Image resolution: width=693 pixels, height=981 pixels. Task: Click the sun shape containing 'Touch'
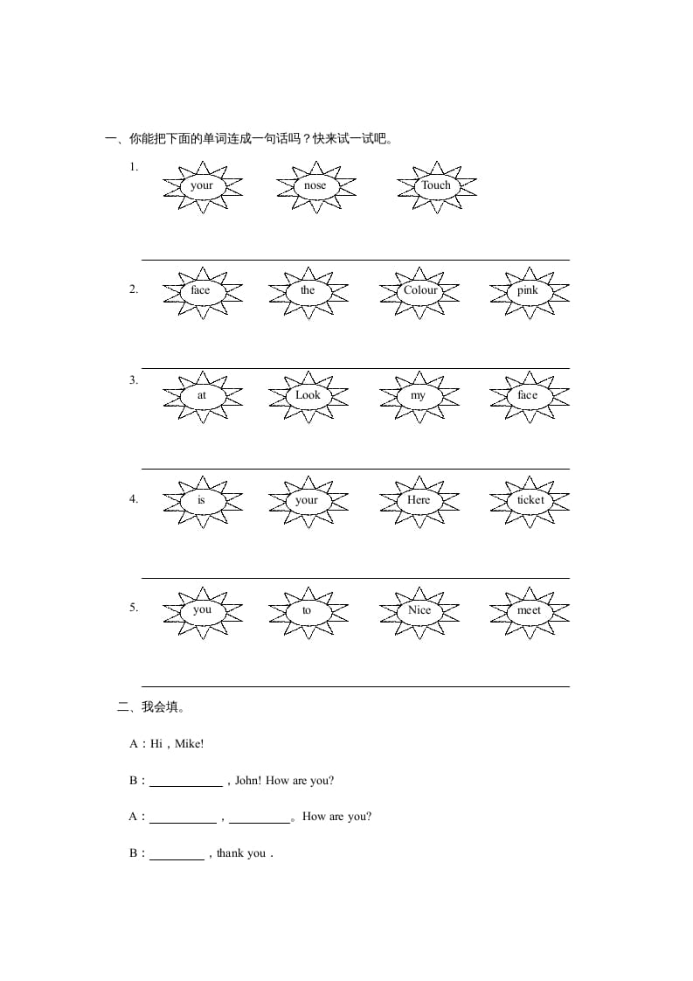(x=436, y=185)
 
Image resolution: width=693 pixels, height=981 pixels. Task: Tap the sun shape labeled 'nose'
(x=315, y=185)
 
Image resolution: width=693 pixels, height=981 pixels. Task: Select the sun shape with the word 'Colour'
(x=419, y=290)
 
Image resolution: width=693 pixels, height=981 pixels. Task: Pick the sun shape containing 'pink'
(x=528, y=290)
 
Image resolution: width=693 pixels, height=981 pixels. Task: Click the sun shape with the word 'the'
(x=308, y=290)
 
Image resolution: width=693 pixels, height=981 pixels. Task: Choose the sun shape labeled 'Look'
(x=308, y=395)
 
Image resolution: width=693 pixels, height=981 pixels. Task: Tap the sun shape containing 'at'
(x=202, y=395)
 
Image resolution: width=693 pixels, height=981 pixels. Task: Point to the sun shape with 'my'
(x=419, y=395)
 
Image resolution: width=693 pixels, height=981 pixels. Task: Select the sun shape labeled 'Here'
(x=419, y=500)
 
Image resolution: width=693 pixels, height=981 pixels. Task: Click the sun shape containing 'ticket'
(x=530, y=500)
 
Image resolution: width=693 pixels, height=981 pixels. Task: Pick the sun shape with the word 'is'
(x=201, y=500)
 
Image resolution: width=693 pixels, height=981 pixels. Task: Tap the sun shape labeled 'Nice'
(x=419, y=610)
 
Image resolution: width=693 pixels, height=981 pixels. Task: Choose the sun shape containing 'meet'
(x=529, y=610)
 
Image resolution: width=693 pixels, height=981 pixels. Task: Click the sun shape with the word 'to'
(x=307, y=610)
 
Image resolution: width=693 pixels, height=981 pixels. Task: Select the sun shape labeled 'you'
(x=202, y=610)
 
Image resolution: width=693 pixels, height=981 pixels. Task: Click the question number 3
(x=134, y=380)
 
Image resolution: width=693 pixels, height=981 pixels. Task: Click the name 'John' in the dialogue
(x=247, y=781)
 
